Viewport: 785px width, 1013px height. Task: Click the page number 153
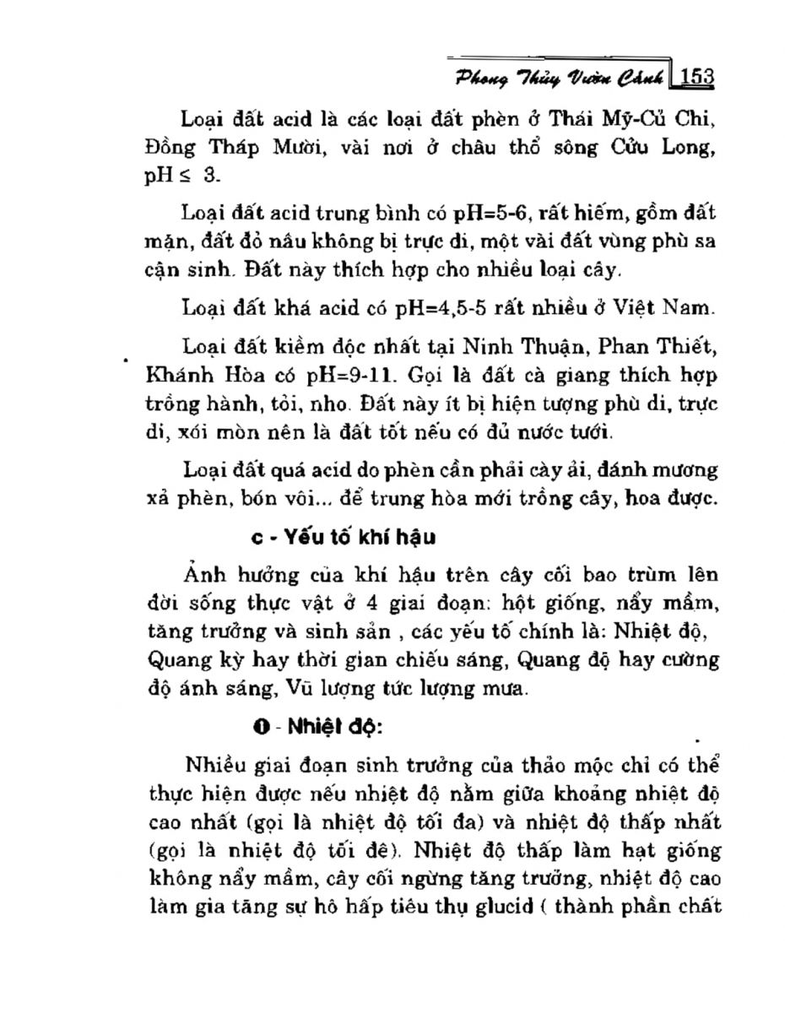click(697, 77)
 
